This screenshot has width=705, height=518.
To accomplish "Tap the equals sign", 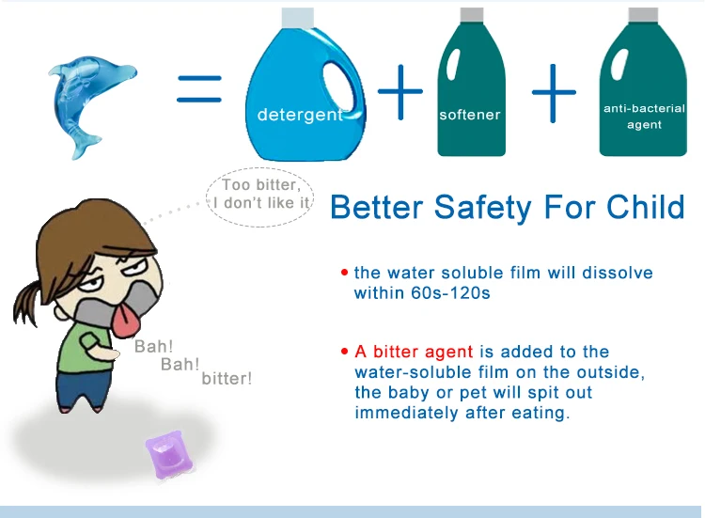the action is click(x=199, y=89).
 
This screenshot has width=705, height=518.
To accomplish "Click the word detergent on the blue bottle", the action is click(x=300, y=115).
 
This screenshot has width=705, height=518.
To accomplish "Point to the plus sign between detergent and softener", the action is click(x=400, y=92).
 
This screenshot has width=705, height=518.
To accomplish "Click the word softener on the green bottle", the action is click(x=470, y=115).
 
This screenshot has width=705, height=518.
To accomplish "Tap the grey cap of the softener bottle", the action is click(x=472, y=14).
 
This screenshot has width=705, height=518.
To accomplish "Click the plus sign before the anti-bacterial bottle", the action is click(x=554, y=93).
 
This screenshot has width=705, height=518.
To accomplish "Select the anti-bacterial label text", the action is click(x=644, y=117).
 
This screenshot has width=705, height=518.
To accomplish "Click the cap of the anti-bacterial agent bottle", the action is click(x=643, y=14).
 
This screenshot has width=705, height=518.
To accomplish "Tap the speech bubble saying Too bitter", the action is click(x=260, y=196).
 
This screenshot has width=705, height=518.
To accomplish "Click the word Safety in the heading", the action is click(x=484, y=208).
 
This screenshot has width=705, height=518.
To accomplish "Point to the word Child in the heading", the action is click(x=646, y=207).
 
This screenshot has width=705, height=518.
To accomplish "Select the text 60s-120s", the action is click(x=450, y=293).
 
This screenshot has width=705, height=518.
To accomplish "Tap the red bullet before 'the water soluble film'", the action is click(x=344, y=272).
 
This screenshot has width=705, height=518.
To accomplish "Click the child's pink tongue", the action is click(x=125, y=322).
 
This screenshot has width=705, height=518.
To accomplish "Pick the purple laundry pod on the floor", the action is click(x=169, y=454).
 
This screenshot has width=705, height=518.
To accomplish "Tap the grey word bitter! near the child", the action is click(x=227, y=379).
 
